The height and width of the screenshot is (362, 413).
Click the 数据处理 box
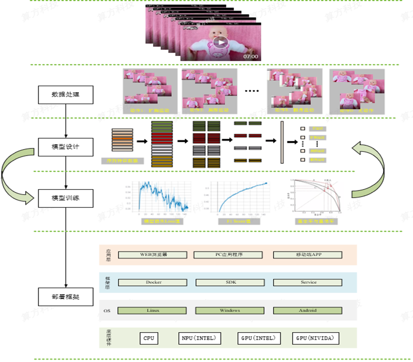coord(65,94)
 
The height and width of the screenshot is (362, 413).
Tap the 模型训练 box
coord(65,198)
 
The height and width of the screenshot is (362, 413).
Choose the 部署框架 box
coord(65,297)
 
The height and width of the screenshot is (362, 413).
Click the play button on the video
coord(221,43)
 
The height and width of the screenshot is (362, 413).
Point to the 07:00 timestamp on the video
coord(251,57)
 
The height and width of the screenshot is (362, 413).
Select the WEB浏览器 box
coord(153,254)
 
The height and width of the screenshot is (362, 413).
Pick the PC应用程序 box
coord(228,254)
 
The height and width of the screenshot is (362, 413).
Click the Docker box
coord(153,282)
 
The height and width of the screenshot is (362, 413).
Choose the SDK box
coord(231,282)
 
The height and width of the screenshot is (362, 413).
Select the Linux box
coord(153,311)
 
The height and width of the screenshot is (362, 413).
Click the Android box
coord(308,311)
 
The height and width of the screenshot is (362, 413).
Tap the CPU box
coord(149,338)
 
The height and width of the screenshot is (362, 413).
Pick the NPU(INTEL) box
coord(199,338)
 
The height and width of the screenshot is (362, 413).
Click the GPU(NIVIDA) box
coord(316,338)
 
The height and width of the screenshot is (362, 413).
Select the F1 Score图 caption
coord(239,222)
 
